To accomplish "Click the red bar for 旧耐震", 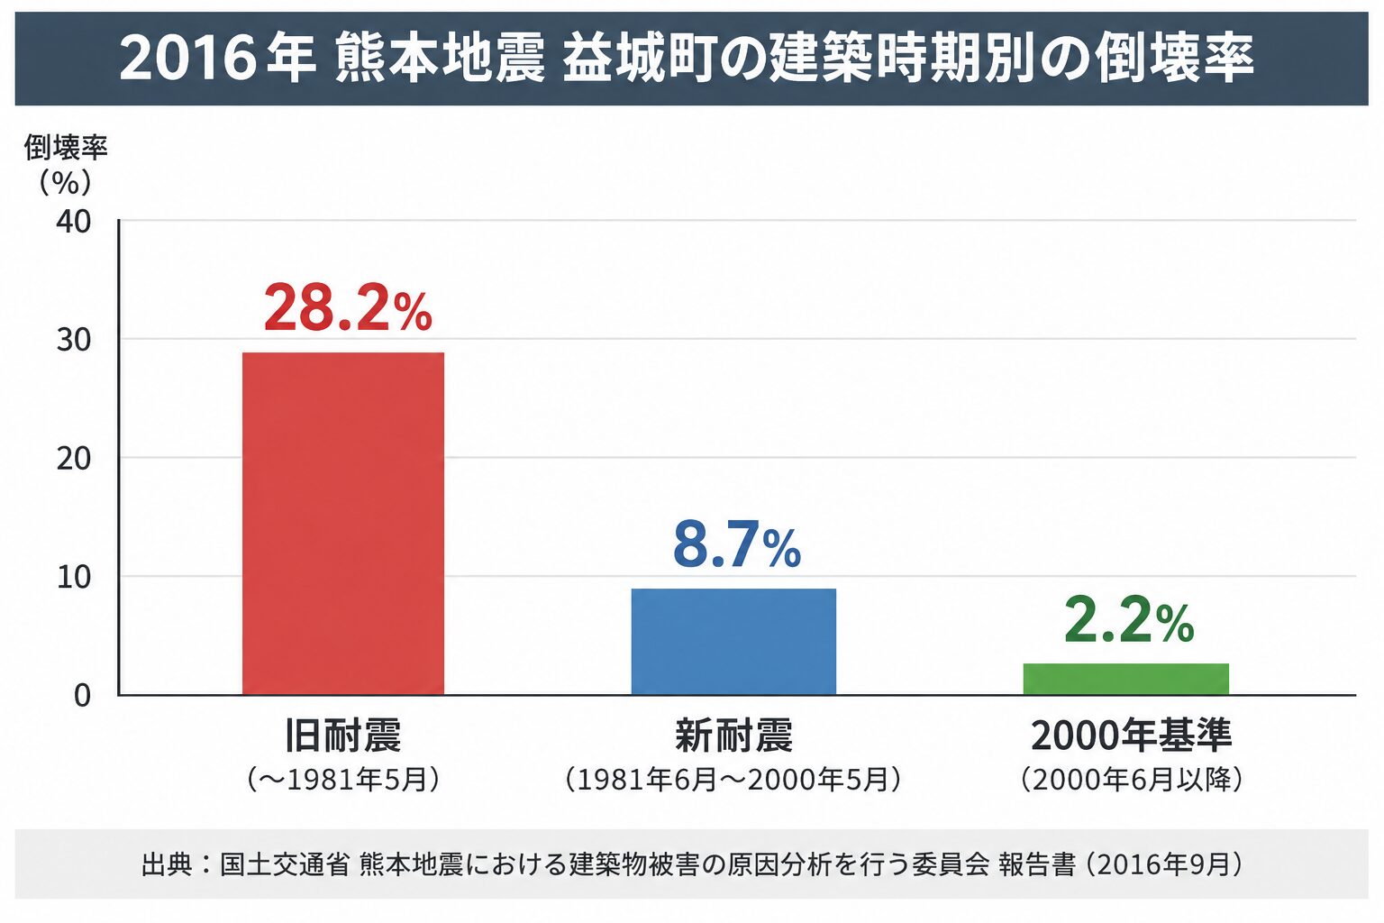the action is [343, 524].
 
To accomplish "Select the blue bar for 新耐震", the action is [733, 642].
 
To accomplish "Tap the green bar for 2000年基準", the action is [1125, 679].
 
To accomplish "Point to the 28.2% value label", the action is [348, 308].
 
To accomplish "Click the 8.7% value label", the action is [736, 544].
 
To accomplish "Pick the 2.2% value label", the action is [1129, 621].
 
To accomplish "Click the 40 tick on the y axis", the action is [74, 222].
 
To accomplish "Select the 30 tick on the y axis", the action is [74, 340].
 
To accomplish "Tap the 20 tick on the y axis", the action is [74, 459].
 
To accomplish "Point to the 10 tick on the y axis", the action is [74, 578].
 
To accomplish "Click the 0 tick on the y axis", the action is [82, 696].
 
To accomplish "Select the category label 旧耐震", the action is [343, 736].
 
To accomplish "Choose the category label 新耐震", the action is [733, 736].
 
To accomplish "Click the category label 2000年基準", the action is [1132, 736].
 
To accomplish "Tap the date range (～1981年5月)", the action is [343, 780].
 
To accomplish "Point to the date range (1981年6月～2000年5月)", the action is [733, 780].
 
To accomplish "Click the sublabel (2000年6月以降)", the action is [1132, 780].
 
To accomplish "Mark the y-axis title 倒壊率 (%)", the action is [66, 164].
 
